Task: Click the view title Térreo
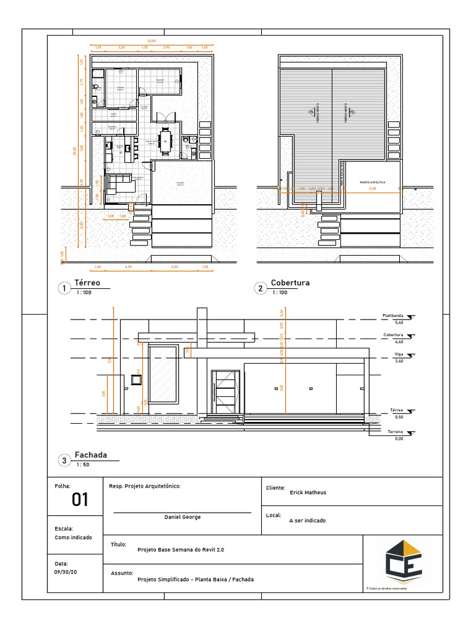click(x=87, y=283)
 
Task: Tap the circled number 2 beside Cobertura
click(x=261, y=289)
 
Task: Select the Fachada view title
click(x=91, y=455)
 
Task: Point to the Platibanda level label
click(x=392, y=316)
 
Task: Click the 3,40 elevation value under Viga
click(x=399, y=361)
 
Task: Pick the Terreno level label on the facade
click(x=394, y=432)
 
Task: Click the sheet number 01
click(x=80, y=500)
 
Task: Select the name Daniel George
click(x=182, y=517)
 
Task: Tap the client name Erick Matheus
click(x=308, y=492)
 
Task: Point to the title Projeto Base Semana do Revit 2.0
click(x=181, y=550)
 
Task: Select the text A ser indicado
click(x=307, y=521)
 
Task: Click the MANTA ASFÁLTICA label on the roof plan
click(x=372, y=182)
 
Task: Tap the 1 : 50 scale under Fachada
click(x=83, y=465)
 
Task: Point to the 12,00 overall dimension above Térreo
click(x=151, y=40)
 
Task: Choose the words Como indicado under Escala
click(x=73, y=537)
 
